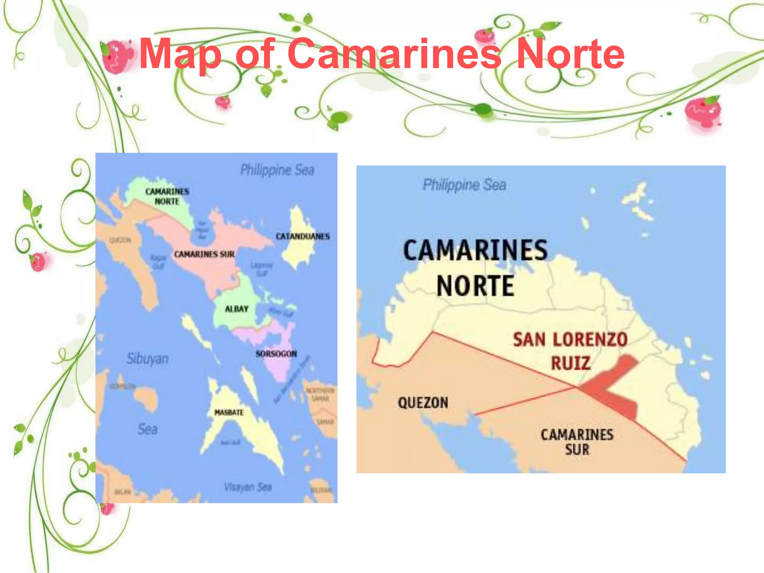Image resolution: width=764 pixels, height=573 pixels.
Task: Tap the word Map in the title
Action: (181, 54)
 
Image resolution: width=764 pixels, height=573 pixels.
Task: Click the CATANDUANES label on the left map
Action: (303, 237)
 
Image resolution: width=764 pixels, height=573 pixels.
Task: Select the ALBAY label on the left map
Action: (237, 309)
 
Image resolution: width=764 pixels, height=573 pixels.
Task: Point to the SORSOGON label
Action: (276, 354)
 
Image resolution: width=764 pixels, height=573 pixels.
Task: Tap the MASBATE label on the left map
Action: (229, 412)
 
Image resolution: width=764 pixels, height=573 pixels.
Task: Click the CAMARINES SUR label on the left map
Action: (204, 254)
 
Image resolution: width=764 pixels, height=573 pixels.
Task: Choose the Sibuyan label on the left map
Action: (147, 358)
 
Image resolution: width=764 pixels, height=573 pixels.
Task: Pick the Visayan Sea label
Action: (248, 487)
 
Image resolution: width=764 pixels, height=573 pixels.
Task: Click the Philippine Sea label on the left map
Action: (277, 170)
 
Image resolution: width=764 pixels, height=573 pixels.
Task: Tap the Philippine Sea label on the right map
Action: (464, 185)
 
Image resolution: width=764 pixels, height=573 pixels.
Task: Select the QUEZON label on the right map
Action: (423, 403)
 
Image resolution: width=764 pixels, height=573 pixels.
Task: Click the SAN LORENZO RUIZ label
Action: (570, 351)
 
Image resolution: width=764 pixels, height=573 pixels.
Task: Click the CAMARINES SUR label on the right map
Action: (577, 442)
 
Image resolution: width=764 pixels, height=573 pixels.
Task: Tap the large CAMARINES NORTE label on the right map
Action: (475, 268)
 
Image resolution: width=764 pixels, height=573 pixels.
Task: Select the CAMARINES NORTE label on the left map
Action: (167, 196)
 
